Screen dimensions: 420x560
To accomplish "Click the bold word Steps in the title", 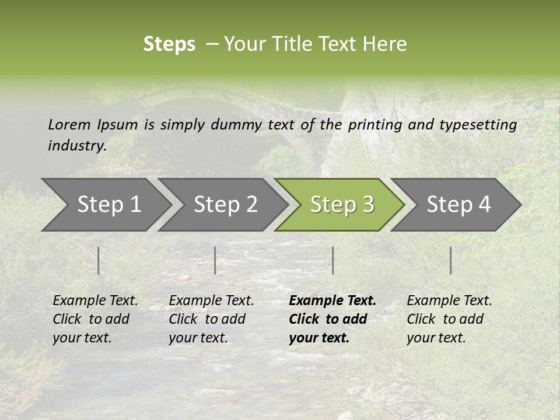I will [169, 44].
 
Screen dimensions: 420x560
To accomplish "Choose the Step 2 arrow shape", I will [225, 204].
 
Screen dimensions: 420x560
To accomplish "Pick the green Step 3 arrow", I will [342, 204].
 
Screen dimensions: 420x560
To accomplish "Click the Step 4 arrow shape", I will [459, 204].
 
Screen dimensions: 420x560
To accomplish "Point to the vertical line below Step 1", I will [99, 260].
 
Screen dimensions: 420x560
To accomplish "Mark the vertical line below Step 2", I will [215, 260].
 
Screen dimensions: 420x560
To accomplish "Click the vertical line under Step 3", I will [332, 260].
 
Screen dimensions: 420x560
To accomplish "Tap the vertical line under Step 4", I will [451, 260].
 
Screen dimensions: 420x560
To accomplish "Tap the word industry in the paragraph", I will [77, 145].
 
